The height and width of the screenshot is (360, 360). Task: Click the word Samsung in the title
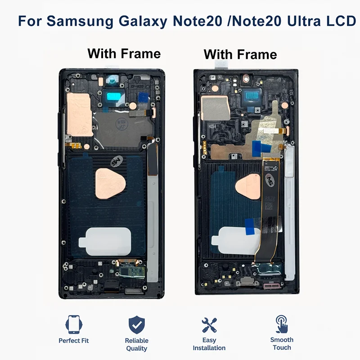point(80,21)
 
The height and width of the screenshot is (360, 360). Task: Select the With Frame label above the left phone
point(124,54)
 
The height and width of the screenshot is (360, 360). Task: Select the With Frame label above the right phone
point(240,54)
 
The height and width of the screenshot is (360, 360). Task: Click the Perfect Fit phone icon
point(74,324)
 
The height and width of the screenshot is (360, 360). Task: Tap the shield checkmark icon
point(137,324)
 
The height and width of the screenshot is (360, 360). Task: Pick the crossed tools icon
point(209,325)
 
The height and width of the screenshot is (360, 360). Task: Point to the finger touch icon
point(282,324)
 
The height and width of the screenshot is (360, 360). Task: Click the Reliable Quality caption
point(137,344)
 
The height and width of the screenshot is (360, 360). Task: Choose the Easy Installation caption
point(209,344)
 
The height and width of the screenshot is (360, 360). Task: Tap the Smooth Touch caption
point(282,343)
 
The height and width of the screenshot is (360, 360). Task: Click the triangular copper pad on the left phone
point(110,184)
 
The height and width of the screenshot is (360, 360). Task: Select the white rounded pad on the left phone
point(105,242)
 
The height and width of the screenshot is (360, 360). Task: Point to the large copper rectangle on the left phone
point(79,115)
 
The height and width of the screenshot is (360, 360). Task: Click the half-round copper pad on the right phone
point(248,186)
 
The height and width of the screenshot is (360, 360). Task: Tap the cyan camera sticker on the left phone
point(114,96)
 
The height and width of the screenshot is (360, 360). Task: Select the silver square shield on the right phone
point(216,108)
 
